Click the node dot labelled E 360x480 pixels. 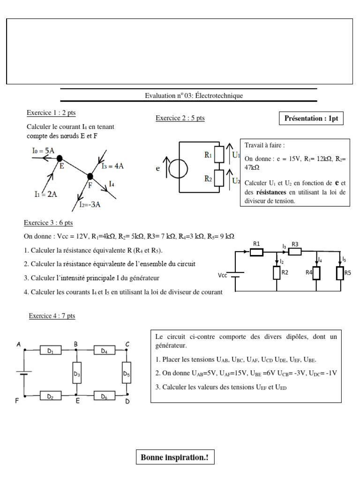(x=60, y=159)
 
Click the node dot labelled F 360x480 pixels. (x=90, y=176)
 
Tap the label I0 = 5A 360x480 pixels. (x=45, y=151)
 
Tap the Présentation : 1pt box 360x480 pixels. (x=311, y=119)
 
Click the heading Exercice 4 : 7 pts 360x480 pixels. (x=52, y=316)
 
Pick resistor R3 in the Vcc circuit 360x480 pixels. (x=294, y=252)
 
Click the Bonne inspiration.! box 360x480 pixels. (x=175, y=457)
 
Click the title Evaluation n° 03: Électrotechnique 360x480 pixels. (x=194, y=96)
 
